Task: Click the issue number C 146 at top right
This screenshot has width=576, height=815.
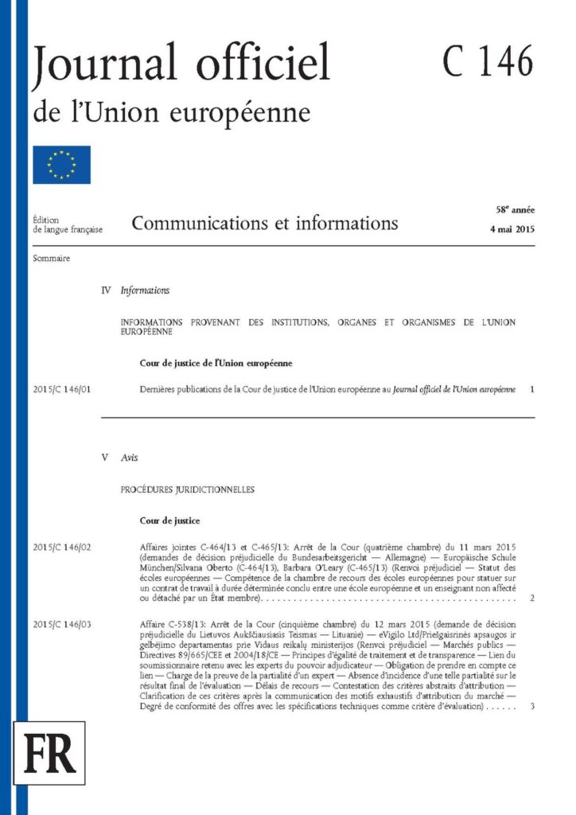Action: click(488, 62)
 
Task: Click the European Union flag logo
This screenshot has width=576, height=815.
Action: click(61, 165)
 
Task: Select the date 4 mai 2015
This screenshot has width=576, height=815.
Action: click(512, 229)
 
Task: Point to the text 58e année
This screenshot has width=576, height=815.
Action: click(515, 210)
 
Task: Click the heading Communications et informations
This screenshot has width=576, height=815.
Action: click(265, 223)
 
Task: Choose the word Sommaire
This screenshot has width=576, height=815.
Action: click(52, 259)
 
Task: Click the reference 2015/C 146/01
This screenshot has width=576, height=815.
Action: click(63, 389)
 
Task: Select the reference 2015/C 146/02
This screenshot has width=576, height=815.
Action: click(63, 548)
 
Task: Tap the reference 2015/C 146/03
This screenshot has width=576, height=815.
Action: click(63, 623)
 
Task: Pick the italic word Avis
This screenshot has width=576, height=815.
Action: click(129, 458)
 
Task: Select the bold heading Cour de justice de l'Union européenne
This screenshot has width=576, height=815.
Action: click(215, 364)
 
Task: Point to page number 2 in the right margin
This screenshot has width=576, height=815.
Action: click(531, 597)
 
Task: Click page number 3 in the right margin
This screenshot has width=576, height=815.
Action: click(531, 706)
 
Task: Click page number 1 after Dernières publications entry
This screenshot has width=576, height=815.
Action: click(531, 389)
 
